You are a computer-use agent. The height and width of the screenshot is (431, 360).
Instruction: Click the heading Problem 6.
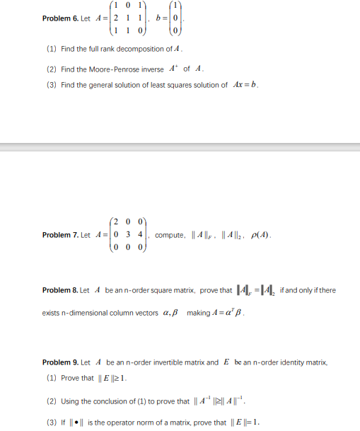coord(61,18)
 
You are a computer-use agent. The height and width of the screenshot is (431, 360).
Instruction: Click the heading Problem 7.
coord(61,235)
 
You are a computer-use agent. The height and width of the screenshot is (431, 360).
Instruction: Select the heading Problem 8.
coord(61,291)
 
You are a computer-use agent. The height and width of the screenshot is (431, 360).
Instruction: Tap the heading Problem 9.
coord(61,362)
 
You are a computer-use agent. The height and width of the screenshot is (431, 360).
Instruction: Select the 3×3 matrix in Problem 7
coord(126,234)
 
